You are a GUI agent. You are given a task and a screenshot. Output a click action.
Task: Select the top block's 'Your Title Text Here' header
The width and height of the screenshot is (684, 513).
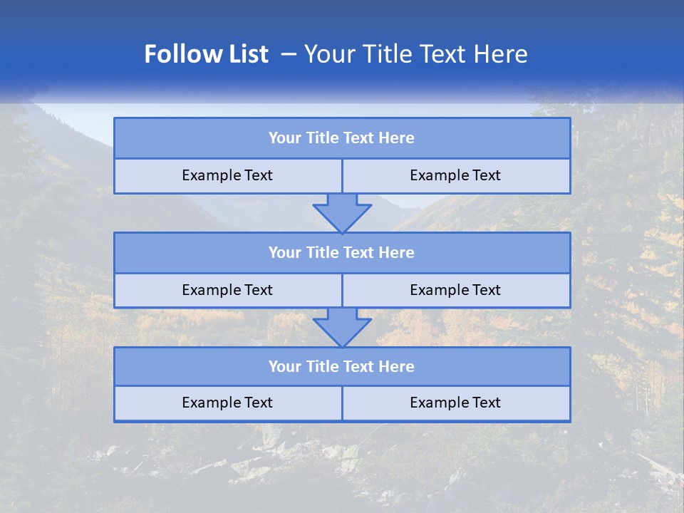pos(341,138)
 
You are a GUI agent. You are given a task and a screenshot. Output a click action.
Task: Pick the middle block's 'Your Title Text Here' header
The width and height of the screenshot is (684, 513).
pos(341,252)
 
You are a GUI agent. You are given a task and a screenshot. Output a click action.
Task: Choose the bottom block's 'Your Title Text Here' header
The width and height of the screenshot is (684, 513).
pos(341,366)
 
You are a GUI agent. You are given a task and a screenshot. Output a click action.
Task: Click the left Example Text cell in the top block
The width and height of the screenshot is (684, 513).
pos(227,175)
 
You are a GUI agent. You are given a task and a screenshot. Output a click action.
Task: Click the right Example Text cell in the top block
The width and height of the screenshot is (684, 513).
pos(455,175)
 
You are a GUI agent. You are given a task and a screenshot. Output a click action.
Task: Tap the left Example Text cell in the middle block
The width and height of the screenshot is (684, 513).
pos(227,290)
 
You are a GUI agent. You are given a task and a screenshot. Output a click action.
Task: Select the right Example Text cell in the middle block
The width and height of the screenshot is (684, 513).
pos(455,290)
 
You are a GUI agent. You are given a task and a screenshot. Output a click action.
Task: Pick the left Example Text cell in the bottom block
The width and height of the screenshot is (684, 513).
pos(227,403)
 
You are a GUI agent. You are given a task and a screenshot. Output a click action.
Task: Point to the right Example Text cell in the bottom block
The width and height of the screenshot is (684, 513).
pos(455,403)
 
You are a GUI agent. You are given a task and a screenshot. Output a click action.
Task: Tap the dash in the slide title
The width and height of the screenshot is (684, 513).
pos(289,54)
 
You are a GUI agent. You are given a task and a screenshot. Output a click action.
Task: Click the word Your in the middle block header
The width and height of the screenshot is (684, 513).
pos(285,252)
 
